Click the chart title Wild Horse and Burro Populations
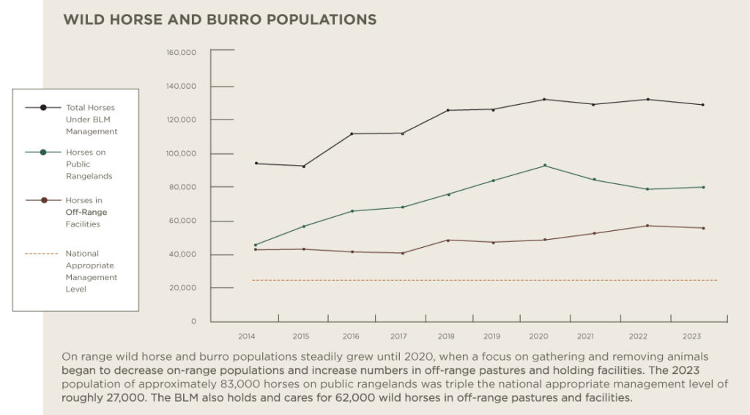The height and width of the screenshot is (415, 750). point(220,19)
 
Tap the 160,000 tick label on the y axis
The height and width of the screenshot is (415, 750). point(182,53)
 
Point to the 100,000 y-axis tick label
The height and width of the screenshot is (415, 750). point(182,154)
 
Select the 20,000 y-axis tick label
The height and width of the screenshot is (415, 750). point(184,288)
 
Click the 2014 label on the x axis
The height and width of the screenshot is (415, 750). point(246,336)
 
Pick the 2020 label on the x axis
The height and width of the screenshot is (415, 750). point(538,336)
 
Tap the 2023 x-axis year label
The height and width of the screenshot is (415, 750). point(691,336)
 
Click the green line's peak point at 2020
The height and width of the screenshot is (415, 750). point(544,166)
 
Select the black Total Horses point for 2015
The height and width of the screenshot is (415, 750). point(303,166)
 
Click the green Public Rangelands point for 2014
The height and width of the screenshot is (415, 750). point(255,245)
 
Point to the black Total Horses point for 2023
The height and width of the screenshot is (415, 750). point(702,105)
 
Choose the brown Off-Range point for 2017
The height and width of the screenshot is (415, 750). point(402,253)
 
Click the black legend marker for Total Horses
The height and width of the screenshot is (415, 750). point(44,108)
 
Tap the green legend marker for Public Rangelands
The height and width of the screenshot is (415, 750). point(44,153)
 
